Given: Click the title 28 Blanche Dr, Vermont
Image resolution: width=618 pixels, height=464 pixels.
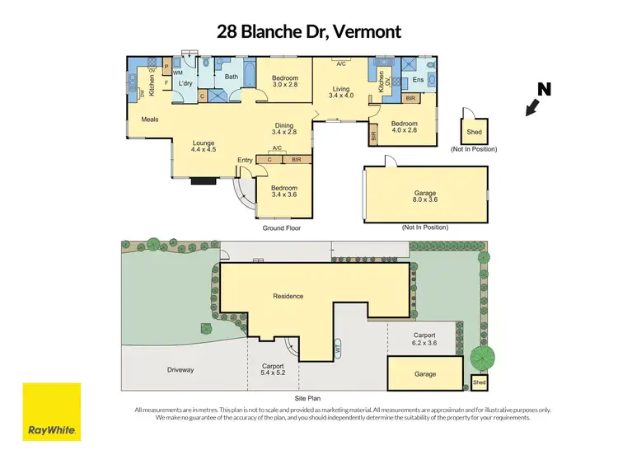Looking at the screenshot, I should [x=308, y=32].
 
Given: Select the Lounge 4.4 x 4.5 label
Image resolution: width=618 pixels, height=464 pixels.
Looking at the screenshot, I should [x=203, y=145].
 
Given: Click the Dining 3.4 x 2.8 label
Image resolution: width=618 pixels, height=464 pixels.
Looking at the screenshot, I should [x=283, y=128].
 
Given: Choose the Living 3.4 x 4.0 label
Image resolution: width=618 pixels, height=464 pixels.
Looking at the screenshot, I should [x=341, y=93].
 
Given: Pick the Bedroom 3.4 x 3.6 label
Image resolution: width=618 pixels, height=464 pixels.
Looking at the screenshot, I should [x=283, y=191].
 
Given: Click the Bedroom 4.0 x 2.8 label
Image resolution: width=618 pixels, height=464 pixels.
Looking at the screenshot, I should [x=405, y=127].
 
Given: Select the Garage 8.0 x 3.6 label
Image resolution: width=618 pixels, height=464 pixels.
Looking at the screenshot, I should [x=424, y=196].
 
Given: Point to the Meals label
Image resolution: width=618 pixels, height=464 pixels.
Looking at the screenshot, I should [x=149, y=120].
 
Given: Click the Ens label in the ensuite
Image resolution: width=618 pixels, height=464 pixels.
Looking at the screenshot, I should [x=418, y=80].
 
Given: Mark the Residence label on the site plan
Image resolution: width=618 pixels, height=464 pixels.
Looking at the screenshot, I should [x=288, y=296].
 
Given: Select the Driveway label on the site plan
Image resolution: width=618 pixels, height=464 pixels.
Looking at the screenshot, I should [x=179, y=370].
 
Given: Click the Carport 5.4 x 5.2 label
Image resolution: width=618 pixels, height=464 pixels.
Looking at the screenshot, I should [x=273, y=369].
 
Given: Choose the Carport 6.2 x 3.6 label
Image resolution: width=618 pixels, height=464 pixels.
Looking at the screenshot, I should [x=425, y=339].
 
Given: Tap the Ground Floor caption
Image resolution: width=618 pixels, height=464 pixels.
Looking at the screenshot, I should [x=281, y=227].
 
